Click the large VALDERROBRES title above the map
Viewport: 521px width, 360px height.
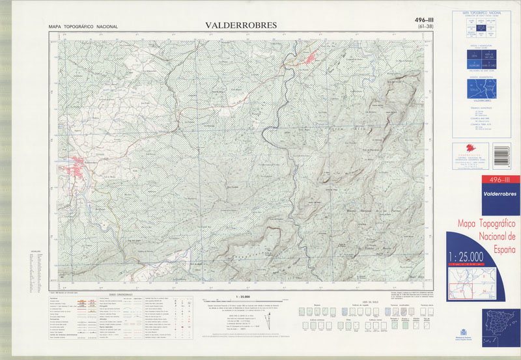[x=241, y=25]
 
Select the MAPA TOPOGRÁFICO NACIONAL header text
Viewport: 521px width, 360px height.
[x=83, y=27]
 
